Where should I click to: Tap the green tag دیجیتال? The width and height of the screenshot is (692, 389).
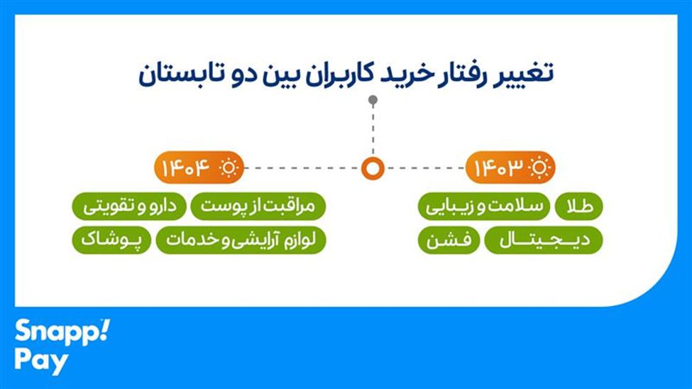pyautogui.click(x=543, y=241)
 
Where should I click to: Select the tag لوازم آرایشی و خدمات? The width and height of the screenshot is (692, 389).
pyautogui.click(x=241, y=240)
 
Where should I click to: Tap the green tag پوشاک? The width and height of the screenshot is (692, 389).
pyautogui.click(x=111, y=240)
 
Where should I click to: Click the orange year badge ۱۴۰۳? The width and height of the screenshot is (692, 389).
pyautogui.click(x=500, y=168)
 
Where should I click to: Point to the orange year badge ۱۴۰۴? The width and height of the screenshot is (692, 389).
pyautogui.click(x=186, y=168)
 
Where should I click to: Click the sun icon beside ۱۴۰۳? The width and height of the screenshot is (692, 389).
pyautogui.click(x=540, y=168)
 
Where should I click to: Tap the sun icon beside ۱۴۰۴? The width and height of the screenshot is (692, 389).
pyautogui.click(x=229, y=168)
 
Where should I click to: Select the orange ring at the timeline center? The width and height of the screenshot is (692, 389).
pyautogui.click(x=373, y=168)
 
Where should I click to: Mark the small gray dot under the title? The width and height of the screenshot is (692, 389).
pyautogui.click(x=373, y=102)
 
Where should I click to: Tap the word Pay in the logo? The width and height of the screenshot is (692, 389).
pyautogui.click(x=42, y=361)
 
